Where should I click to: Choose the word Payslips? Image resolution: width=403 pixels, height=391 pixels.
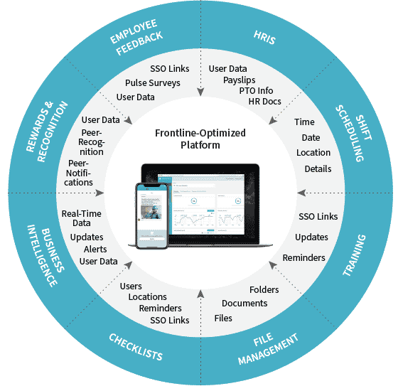pos(240,80)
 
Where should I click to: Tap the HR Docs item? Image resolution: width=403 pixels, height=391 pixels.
pos(264,102)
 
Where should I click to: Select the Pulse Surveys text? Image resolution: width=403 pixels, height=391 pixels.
pos(152,82)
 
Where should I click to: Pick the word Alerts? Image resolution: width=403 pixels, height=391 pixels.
pos(95,250)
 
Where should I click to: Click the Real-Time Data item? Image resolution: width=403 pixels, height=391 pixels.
pos(80,218)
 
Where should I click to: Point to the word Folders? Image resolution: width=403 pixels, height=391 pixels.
pos(264,290)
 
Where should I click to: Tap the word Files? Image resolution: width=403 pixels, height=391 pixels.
pos(223,318)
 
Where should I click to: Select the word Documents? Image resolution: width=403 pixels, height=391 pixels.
pos(245,304)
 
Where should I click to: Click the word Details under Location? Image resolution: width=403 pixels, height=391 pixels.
pos(318,168)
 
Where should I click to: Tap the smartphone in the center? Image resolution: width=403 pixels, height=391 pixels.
pos(152,215)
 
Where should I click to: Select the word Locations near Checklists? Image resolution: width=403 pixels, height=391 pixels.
pos(148,296)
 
